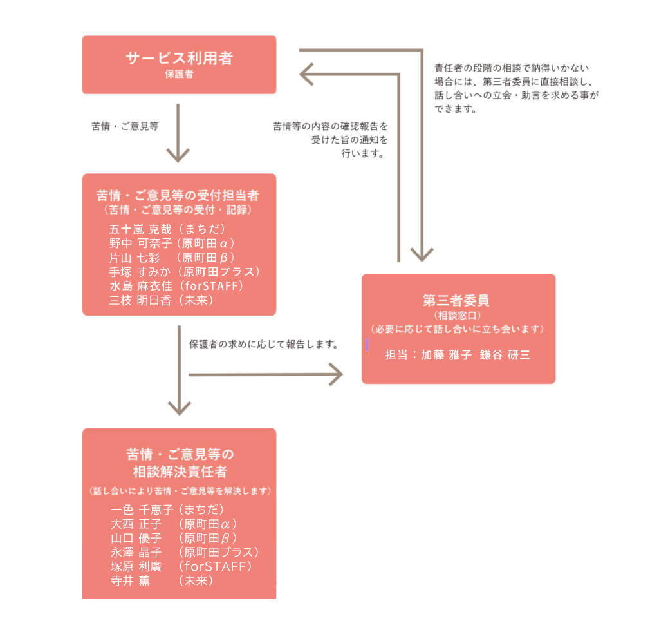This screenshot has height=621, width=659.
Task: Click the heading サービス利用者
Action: click(179, 59)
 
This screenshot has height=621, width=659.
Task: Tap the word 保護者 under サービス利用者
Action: click(179, 74)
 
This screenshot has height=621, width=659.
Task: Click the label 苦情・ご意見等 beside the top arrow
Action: click(125, 127)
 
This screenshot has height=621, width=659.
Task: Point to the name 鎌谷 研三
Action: click(505, 355)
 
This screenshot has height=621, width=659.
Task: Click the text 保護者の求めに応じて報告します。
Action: click(265, 344)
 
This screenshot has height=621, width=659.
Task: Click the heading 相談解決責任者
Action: click(180, 472)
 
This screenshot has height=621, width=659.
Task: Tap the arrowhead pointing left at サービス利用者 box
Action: click(308, 74)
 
